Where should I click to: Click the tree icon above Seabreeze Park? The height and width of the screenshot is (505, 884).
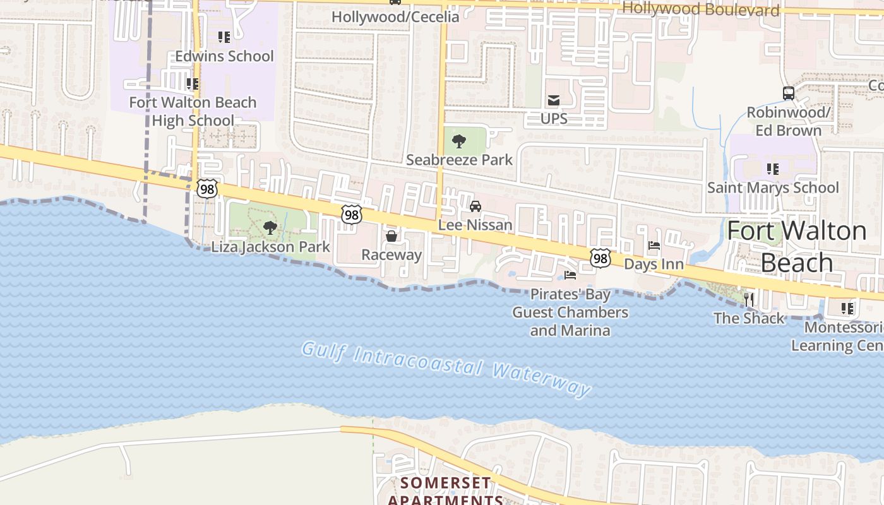459,141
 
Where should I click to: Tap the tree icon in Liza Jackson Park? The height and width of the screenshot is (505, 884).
270,228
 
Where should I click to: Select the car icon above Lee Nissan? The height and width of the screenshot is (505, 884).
475,206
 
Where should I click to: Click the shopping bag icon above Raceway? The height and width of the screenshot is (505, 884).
391,236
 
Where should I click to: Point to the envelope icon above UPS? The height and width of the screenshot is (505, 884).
554,100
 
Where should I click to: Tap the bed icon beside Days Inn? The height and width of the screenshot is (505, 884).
654,246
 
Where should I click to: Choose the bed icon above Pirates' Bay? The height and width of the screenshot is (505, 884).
570,275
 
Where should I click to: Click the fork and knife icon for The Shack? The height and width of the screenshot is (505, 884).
749,299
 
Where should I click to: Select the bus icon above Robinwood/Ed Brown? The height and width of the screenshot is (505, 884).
789,93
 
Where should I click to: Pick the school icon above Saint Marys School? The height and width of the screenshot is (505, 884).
772,169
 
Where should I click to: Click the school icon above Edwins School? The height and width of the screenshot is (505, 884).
224,37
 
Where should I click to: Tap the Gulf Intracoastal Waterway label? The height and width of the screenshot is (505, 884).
446,368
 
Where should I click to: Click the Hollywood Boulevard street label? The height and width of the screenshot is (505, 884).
701,9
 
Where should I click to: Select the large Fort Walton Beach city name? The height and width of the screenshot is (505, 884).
797,246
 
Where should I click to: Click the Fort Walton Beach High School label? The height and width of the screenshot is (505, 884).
193,111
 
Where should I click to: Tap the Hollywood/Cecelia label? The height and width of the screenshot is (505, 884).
395,16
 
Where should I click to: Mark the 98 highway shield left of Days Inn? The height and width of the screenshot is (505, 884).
600,258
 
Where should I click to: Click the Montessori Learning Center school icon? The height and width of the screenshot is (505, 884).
847,309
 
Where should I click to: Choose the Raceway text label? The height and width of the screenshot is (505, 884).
391,254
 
